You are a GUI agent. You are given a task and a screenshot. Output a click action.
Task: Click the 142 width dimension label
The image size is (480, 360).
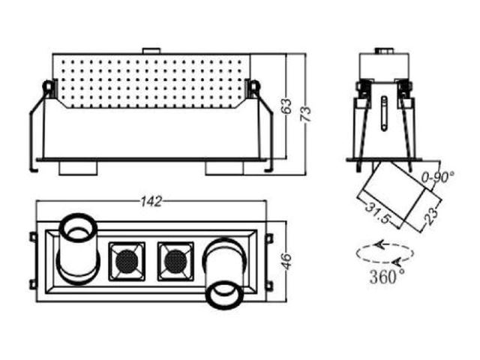151,201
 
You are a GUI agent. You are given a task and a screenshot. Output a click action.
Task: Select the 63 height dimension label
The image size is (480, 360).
287,106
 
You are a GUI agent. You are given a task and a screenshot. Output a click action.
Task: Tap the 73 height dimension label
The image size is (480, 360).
306,113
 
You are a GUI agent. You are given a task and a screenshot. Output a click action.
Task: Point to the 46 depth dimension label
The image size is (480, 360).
287,262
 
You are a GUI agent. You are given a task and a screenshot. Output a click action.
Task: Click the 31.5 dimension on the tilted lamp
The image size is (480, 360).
378,212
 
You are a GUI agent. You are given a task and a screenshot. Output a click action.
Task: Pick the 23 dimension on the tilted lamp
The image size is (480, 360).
431,216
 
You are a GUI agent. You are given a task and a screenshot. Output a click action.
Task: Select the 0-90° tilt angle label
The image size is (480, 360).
438,177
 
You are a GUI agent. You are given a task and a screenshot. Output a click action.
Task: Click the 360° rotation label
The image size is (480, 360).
386,276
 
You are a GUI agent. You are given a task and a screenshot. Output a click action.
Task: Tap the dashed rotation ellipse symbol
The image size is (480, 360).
385,253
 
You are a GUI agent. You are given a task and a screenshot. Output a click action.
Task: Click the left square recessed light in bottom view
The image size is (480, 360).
127,261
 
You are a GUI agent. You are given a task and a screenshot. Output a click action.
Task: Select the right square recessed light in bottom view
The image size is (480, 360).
175,261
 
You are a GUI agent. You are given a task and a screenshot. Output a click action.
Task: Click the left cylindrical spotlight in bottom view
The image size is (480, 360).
78,248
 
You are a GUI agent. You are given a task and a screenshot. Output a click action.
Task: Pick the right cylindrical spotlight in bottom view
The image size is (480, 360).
225,273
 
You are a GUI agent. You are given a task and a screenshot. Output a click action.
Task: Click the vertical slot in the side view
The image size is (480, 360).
384,113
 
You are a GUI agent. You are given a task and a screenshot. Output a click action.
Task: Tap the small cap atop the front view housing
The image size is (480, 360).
151,51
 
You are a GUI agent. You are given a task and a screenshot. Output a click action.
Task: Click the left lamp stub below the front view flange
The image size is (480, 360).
78,168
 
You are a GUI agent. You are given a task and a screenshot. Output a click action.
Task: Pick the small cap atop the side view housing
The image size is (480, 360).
384,50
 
